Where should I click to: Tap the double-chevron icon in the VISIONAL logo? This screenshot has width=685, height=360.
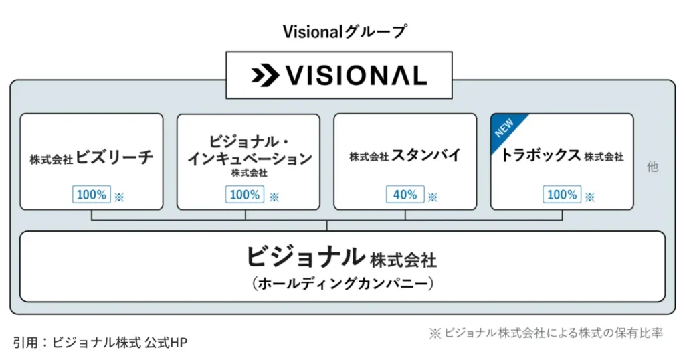[x=264, y=76]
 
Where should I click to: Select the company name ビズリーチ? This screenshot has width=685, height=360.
[x=114, y=157]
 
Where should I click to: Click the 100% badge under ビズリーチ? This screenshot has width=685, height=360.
[x=91, y=195]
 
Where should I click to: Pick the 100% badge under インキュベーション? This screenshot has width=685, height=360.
[x=245, y=195]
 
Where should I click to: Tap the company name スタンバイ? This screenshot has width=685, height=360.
[x=426, y=156]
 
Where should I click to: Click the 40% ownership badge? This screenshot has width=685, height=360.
[x=405, y=195]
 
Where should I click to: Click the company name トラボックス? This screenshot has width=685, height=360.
[x=541, y=156]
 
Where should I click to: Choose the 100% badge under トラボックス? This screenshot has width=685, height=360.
[x=562, y=195]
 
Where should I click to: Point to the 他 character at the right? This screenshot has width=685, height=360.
[x=652, y=167]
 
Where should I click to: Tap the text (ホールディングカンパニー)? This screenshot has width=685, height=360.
[x=342, y=284]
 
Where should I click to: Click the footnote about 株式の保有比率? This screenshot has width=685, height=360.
[x=546, y=333]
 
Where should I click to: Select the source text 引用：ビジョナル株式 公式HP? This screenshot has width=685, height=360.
[x=100, y=343]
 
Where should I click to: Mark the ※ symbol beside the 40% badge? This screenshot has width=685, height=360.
[x=432, y=197]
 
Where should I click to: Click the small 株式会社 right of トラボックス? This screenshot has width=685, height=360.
[x=603, y=157]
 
